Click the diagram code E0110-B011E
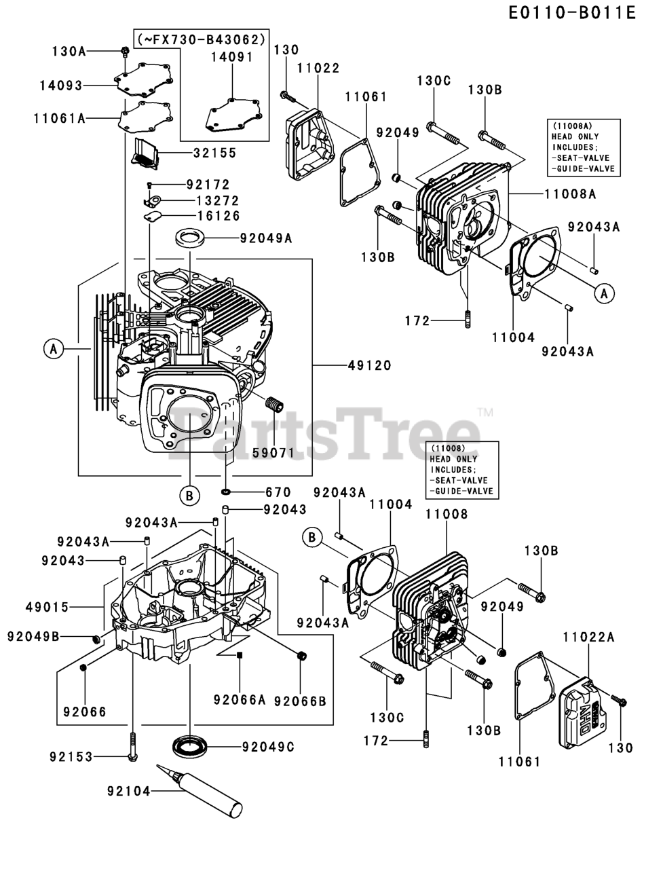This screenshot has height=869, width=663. coord(571,13)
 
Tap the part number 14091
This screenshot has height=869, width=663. coord(232,57)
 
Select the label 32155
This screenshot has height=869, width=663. coord(215,153)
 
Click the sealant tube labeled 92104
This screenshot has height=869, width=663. coord(200,792)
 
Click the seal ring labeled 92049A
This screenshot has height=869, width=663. coord(190,238)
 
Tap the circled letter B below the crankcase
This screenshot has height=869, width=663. coord(189,496)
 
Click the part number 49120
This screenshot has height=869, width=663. coord(369,365)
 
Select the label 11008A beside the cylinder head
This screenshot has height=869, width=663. coord(570,194)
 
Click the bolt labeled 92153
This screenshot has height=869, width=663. coord(133,746)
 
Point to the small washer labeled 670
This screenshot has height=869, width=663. coord(226,492)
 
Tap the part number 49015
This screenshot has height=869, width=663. coord(48,607)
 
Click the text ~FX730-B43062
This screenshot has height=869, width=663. coord(202,39)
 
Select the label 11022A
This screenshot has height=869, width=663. coord(588,637)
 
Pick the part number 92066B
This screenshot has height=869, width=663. coord(300,701)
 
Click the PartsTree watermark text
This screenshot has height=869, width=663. coord(324,434)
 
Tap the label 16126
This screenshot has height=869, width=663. coord(219,216)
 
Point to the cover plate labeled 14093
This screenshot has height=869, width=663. coord(144,79)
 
